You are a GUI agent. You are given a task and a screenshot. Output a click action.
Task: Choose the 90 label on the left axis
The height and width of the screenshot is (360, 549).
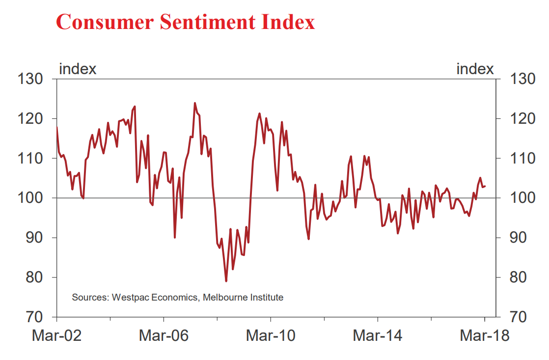click(34, 238)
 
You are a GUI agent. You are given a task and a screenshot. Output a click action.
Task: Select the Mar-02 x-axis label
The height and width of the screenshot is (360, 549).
click(57, 336)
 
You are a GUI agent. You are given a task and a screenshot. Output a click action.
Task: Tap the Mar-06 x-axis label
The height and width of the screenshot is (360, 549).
click(164, 336)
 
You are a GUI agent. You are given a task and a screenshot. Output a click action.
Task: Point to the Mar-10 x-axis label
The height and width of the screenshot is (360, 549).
click(271, 336)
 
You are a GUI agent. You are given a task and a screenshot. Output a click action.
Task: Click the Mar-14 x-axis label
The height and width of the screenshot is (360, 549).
click(378, 336)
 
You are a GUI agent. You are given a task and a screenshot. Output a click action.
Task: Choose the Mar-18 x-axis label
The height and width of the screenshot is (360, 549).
click(485, 336)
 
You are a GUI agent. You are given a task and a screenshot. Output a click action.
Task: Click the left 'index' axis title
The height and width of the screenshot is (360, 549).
click(78, 69)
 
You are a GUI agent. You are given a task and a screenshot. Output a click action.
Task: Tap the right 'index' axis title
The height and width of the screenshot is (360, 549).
click(475, 69)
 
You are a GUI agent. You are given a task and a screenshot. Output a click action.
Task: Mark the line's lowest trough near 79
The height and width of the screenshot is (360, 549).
click(226, 281)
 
